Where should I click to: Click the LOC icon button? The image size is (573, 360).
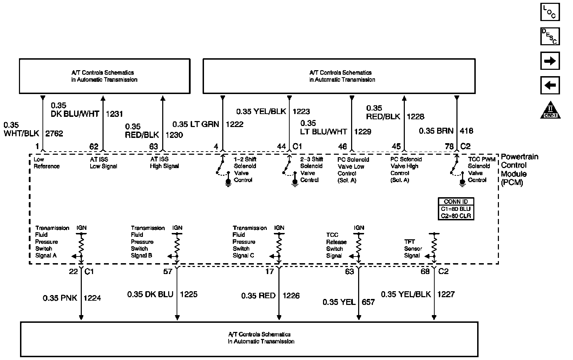(549, 12)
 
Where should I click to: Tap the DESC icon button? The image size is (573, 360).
(549, 36)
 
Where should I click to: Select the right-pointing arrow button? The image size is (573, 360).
(549, 61)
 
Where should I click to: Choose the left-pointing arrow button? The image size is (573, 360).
(549, 85)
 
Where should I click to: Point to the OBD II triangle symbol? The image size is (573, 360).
(550, 111)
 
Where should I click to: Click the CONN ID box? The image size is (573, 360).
(456, 209)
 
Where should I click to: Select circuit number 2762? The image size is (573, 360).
(54, 134)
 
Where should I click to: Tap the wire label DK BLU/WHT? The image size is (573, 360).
(75, 114)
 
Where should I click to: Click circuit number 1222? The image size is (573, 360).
(234, 124)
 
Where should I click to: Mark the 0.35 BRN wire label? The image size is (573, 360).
(436, 131)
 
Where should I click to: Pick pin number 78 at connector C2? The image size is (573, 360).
(449, 146)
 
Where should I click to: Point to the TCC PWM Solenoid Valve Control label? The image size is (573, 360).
(481, 169)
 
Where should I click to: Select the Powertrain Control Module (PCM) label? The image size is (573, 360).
(519, 170)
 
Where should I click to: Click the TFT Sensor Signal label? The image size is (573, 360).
(413, 249)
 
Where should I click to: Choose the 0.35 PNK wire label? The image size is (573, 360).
(60, 298)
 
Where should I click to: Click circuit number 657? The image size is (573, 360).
(368, 302)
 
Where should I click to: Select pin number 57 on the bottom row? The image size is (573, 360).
(168, 272)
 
